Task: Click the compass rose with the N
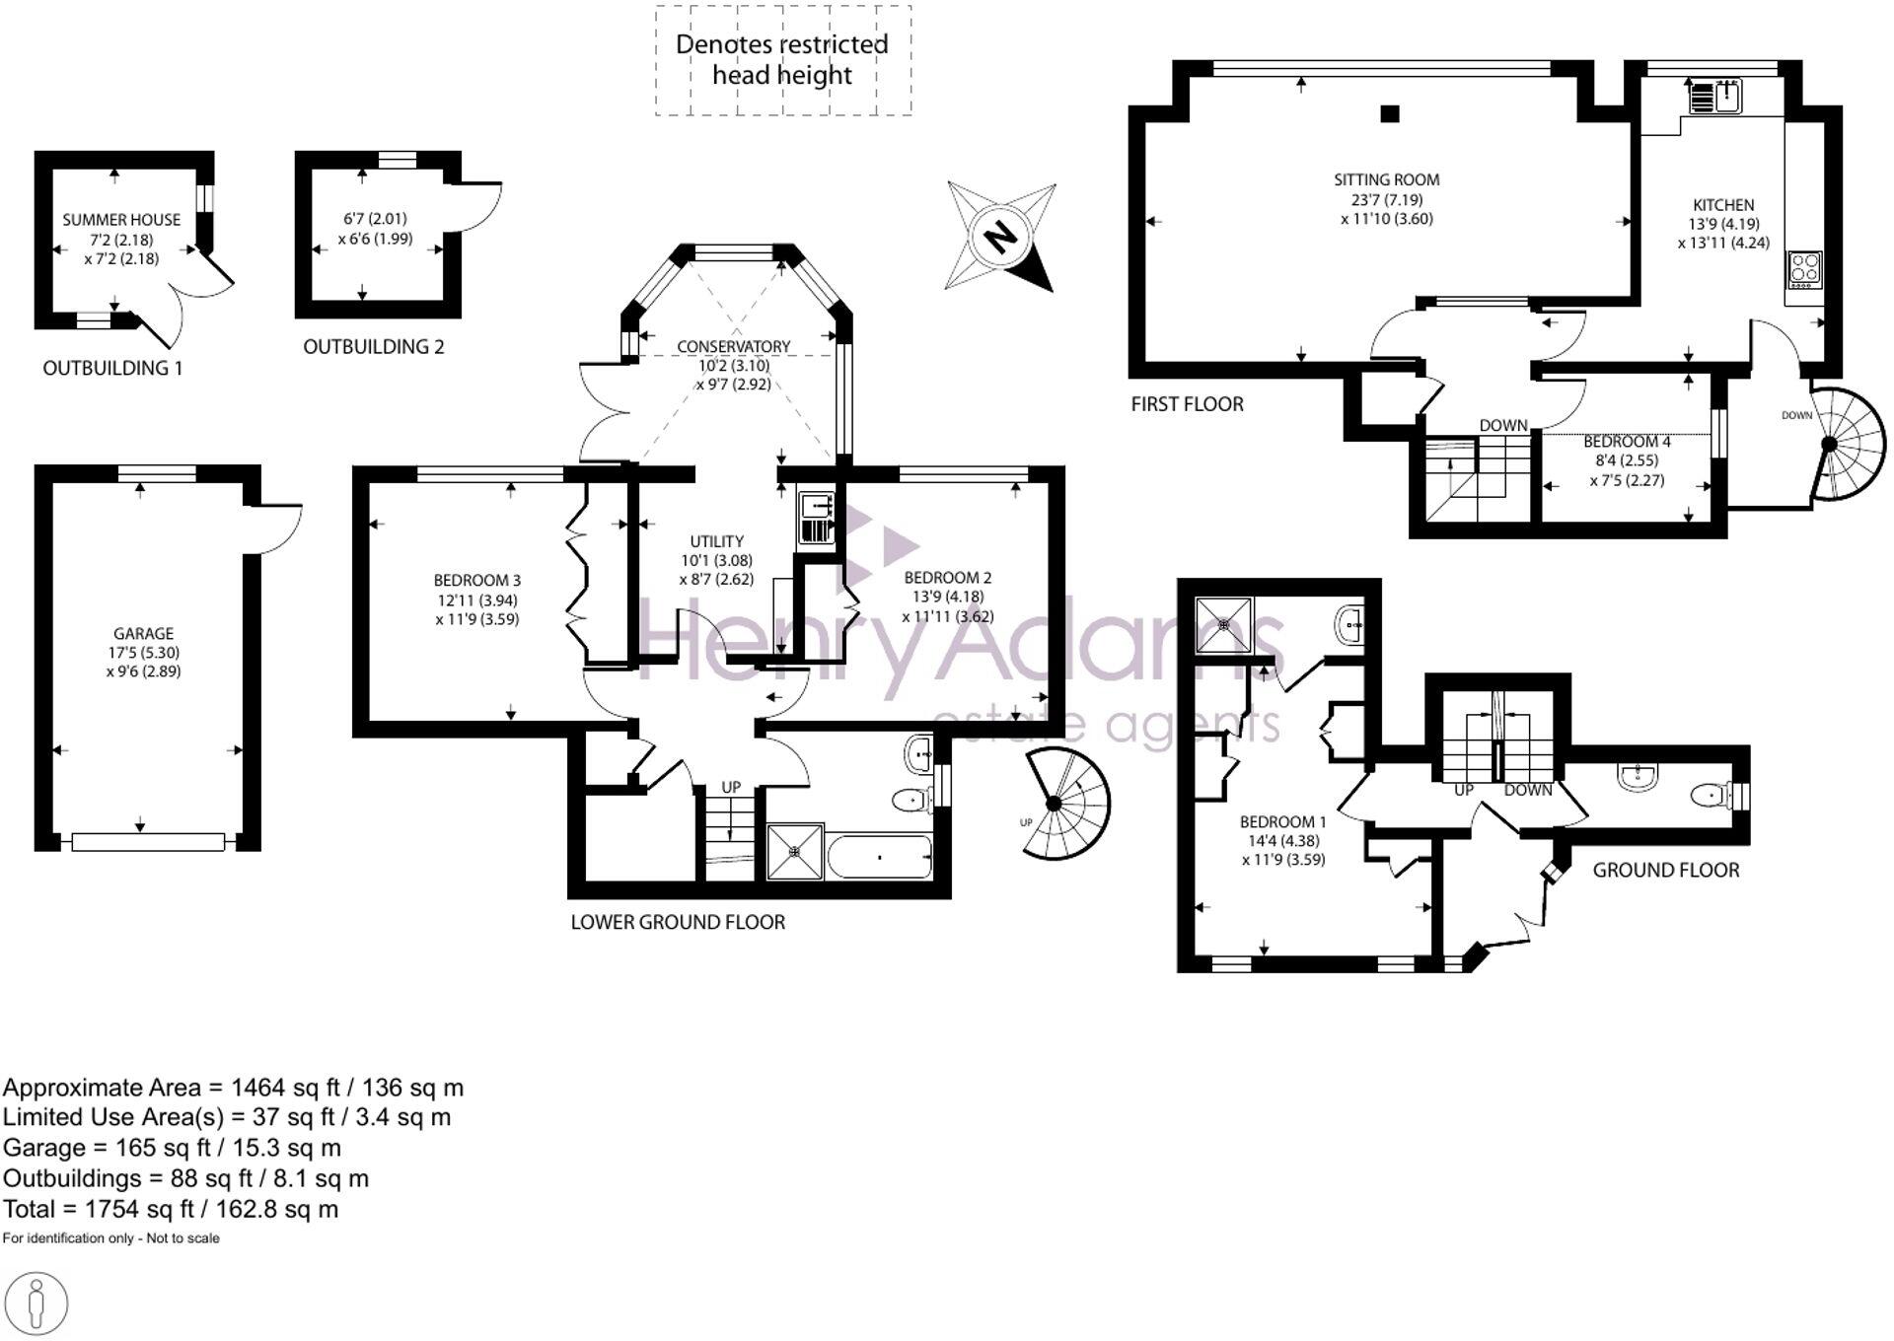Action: point(1000,237)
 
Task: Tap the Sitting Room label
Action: point(1386,179)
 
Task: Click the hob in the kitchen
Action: point(1805,268)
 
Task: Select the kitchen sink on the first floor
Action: point(1715,97)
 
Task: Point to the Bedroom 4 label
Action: point(1627,442)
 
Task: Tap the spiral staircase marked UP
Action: point(1065,805)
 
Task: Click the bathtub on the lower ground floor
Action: point(880,858)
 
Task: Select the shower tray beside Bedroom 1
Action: point(1223,624)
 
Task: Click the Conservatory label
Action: point(733,346)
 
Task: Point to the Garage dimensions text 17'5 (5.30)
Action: point(143,653)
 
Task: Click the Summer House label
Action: point(121,220)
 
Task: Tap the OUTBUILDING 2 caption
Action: point(373,347)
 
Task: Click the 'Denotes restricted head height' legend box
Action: point(782,60)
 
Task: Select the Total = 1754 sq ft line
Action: point(171,1209)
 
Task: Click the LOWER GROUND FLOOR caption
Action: point(678,923)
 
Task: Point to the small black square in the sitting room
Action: point(1389,113)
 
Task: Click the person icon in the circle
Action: point(37,1304)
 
